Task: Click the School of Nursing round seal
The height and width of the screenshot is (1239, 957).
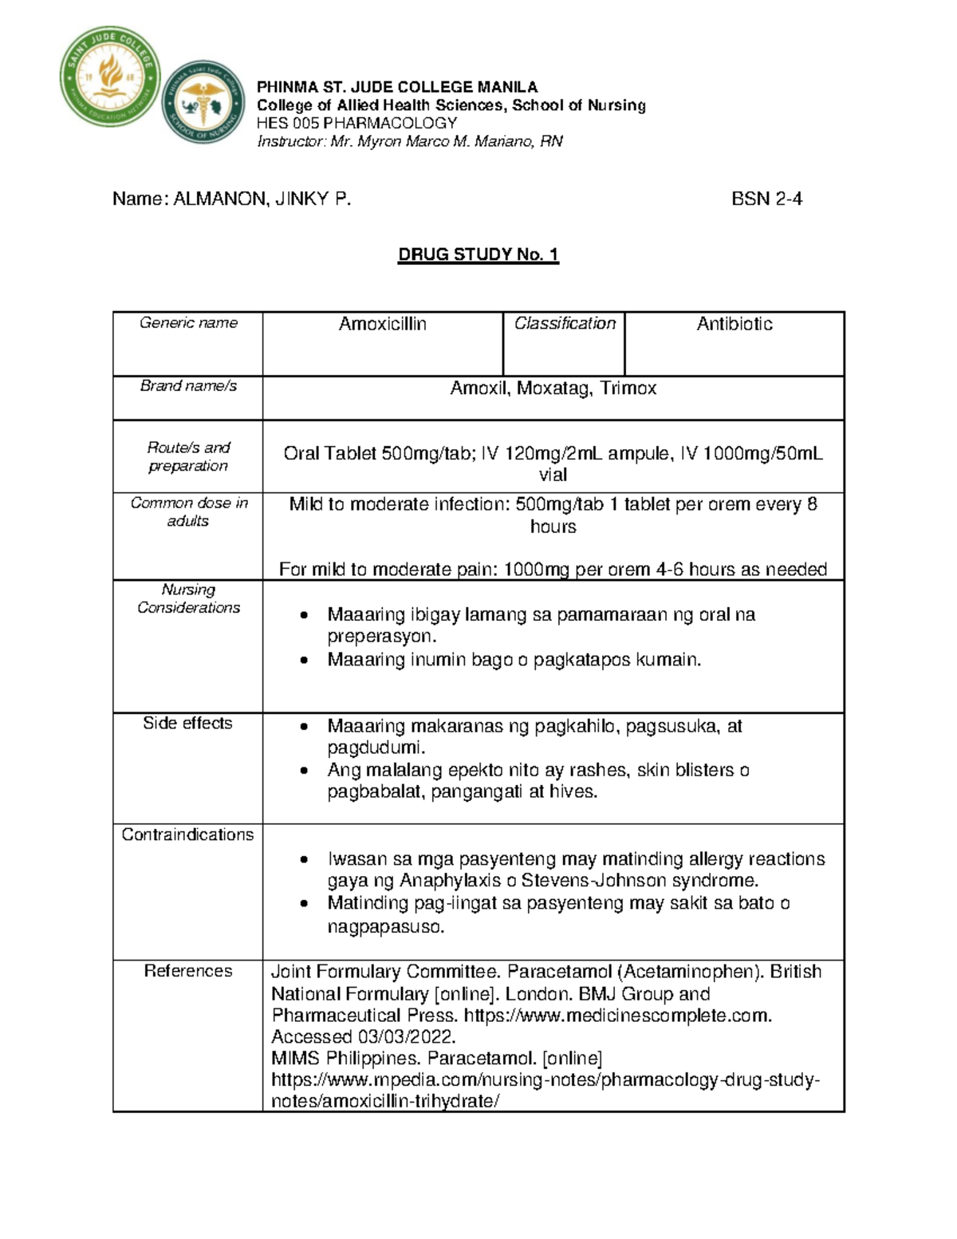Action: coord(203,102)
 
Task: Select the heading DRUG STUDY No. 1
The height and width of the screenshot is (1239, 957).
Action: coord(478,255)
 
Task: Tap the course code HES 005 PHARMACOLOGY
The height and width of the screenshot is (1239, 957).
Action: coord(356,123)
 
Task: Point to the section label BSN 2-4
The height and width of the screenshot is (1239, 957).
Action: coord(766,199)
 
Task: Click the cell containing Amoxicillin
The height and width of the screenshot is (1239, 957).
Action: coord(382,324)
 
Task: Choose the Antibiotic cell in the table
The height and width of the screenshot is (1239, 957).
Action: coord(734,324)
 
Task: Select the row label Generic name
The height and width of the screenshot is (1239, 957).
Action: coord(188,323)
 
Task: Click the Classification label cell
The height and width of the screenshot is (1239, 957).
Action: coord(565,323)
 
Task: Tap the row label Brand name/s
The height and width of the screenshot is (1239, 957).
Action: coord(188,386)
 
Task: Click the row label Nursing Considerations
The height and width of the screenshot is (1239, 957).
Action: coord(188,598)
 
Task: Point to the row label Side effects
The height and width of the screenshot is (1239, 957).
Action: coord(187,724)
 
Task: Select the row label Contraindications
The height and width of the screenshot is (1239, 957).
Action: coord(187,835)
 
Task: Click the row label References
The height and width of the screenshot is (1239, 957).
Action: coord(187,971)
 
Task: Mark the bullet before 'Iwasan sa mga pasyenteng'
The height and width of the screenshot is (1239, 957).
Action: coord(303,860)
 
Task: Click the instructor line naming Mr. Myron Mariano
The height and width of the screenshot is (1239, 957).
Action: coord(409,141)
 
